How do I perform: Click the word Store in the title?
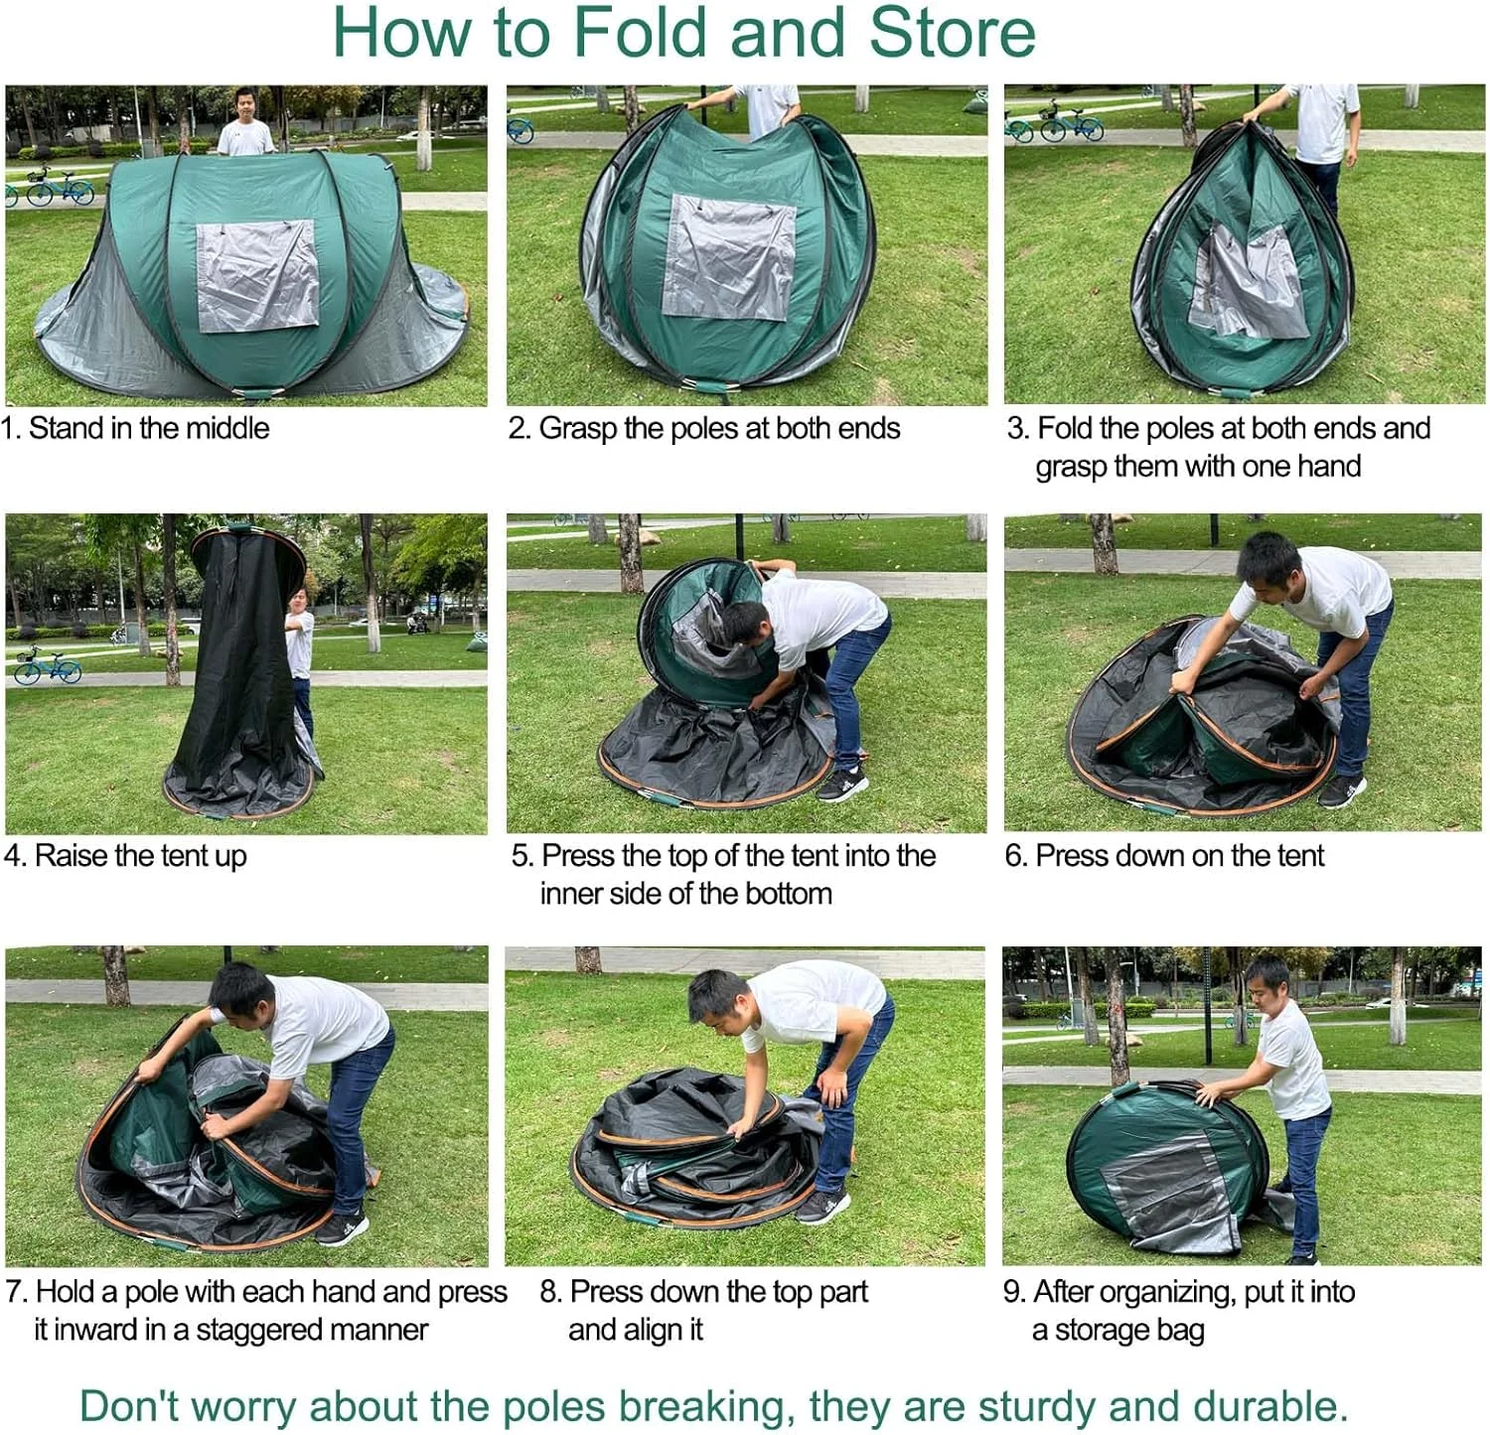953,32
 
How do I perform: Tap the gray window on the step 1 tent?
256,275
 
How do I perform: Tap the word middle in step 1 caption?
227,428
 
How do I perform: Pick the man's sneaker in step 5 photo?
841,786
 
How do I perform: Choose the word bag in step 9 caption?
1179,1330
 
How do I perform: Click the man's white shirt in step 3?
1321,121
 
